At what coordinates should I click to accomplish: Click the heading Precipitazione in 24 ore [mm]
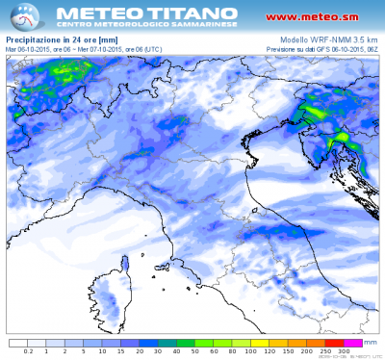click(x=55, y=38)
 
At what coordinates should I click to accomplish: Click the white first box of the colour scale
click(x=18, y=342)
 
